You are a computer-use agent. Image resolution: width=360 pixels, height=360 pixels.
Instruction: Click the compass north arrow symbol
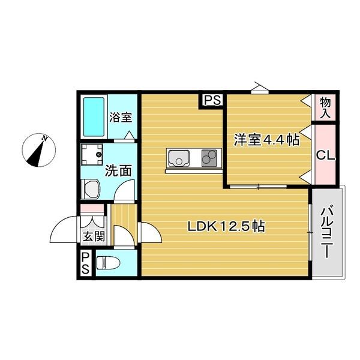(39, 151)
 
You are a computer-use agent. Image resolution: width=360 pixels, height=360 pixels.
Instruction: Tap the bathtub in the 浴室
(93, 116)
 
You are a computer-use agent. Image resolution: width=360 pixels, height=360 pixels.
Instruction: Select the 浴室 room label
(121, 117)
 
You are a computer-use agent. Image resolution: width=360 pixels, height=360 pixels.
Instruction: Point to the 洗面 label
(118, 170)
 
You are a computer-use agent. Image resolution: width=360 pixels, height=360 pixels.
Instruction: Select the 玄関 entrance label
(93, 236)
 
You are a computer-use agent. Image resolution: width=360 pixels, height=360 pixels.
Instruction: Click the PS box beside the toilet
(86, 264)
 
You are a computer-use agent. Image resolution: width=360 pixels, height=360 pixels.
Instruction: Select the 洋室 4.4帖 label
(266, 140)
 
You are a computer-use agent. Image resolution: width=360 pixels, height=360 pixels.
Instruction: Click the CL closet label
(325, 155)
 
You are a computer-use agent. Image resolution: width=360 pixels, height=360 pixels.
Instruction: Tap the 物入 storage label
(325, 107)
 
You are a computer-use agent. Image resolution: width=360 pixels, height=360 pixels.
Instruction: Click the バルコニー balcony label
(328, 232)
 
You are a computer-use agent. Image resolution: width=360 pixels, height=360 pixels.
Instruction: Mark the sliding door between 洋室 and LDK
(259, 187)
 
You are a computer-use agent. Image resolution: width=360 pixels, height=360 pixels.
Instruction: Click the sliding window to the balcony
(310, 232)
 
